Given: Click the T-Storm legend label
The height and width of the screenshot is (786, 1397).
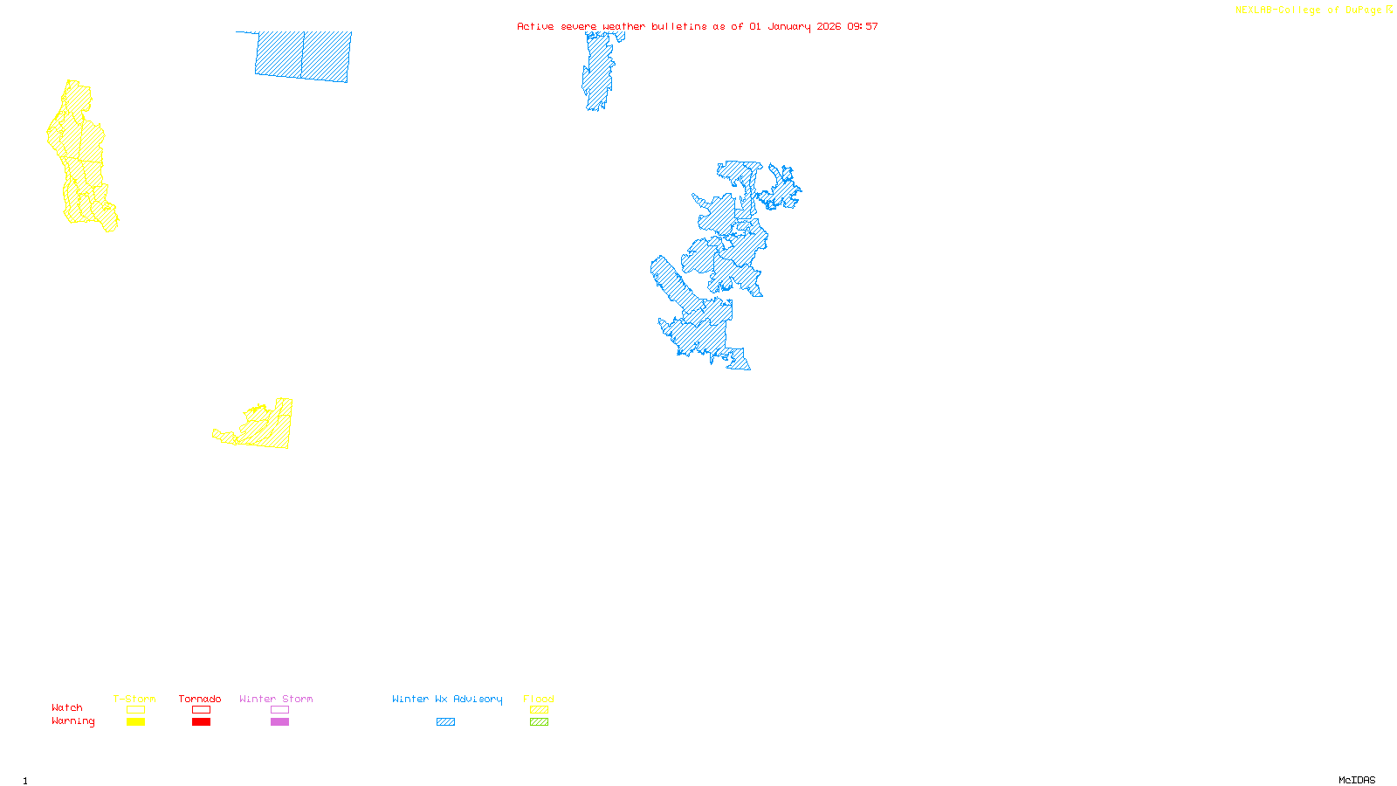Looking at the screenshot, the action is [134, 699].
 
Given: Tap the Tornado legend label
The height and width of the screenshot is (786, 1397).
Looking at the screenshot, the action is [200, 699].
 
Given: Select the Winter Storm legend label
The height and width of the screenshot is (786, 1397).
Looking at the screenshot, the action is [276, 699].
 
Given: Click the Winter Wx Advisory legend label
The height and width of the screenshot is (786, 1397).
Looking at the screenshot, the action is [447, 699].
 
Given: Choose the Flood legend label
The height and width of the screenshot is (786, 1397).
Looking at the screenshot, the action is [539, 699].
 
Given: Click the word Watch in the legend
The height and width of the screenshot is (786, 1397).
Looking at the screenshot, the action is [67, 707].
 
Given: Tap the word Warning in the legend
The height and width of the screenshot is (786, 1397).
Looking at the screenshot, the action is [73, 721].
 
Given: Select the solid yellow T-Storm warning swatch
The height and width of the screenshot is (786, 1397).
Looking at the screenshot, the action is [135, 722].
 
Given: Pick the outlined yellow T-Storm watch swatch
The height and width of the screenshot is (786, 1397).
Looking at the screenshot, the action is [135, 710].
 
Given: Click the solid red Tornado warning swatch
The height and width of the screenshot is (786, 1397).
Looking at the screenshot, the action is [201, 722].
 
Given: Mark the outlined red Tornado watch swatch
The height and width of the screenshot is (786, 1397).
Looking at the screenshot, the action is [201, 710].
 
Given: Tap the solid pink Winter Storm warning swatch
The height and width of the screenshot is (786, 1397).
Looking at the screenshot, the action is [279, 722].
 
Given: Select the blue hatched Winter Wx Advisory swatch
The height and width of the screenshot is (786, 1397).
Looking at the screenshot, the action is [445, 722].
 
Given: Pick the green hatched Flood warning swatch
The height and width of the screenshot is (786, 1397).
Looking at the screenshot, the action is [539, 722].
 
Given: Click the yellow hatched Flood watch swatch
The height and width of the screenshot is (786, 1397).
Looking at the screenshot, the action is [539, 710].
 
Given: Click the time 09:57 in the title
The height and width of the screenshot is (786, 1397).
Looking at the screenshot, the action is [862, 26].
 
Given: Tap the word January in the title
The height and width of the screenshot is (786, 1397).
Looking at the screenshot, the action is [789, 26].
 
